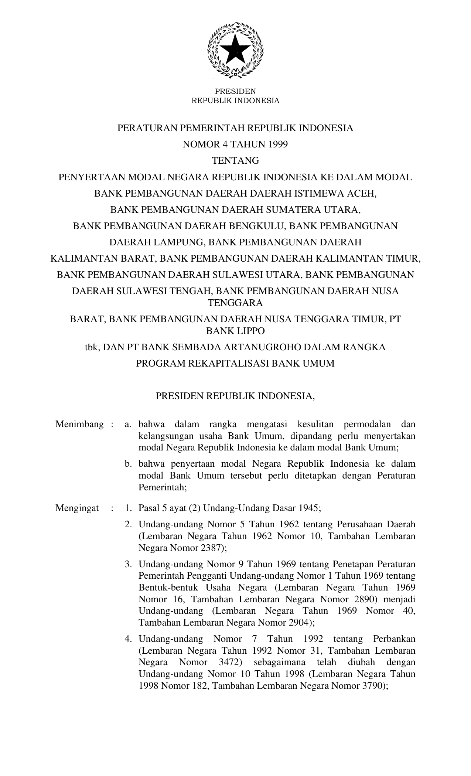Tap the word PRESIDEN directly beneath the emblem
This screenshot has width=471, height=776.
point(235,91)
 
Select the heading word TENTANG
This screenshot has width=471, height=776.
point(235,161)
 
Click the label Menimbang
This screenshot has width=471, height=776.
point(79,424)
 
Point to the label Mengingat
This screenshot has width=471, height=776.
point(77,508)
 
